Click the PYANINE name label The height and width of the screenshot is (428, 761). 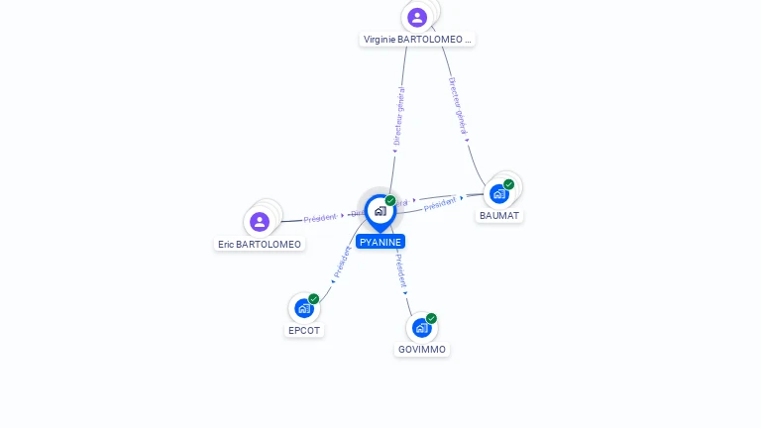380,242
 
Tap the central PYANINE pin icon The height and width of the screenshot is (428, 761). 380,211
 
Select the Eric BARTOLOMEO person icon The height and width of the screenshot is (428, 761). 260,221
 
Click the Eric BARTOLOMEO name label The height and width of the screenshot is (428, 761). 260,244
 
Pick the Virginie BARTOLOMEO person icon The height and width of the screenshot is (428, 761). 417,17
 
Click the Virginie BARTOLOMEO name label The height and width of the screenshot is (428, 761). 417,40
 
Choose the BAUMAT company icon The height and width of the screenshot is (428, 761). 499,193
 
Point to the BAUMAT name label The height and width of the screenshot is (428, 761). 499,215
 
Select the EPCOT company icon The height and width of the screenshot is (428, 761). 303,308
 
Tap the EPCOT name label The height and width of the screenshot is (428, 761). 304,330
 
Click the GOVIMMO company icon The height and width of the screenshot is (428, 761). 421,328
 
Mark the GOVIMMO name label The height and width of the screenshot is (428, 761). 422,350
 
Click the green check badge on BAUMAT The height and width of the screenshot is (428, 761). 509,184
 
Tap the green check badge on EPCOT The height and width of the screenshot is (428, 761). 314,298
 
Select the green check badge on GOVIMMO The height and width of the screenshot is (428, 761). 431,319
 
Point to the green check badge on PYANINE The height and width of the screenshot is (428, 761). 390,201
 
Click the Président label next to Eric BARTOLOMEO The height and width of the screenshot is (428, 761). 320,218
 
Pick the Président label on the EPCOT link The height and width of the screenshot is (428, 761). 342,262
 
